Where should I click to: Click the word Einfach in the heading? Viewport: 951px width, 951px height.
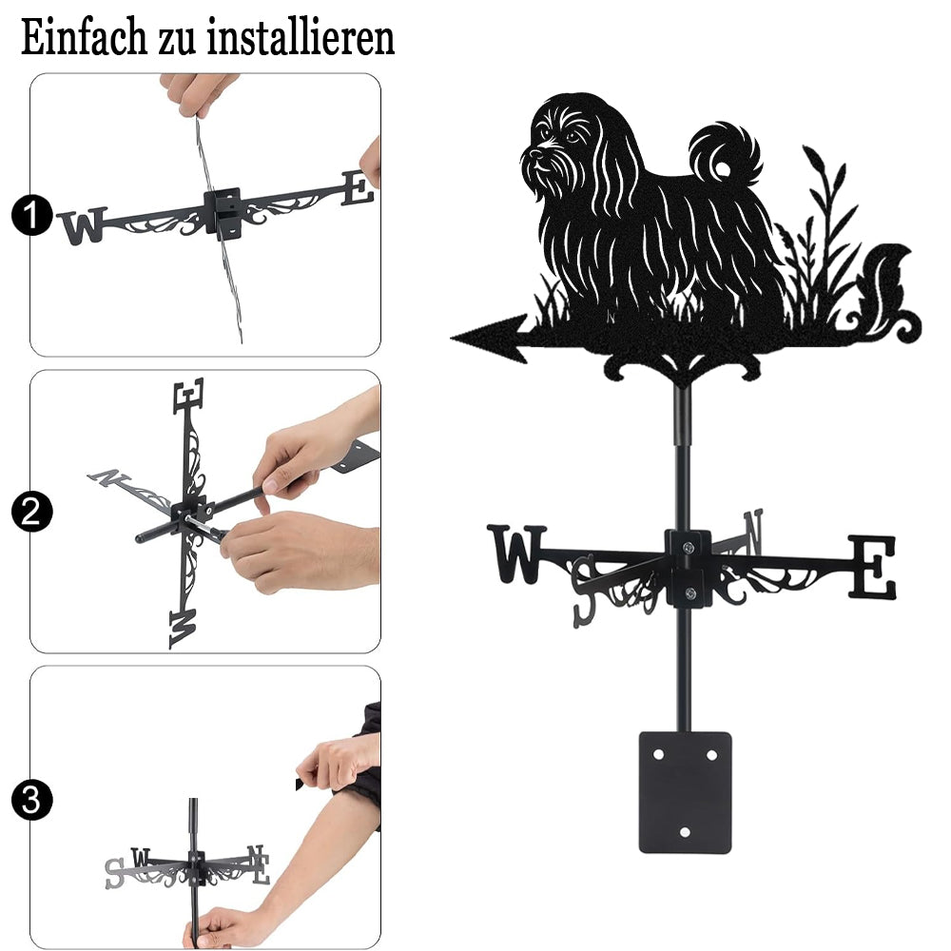pos(85,38)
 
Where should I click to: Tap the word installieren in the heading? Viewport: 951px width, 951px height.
pos(301,38)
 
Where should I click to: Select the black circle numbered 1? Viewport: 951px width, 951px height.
pos(31,215)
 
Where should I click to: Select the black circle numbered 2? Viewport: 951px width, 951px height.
pos(31,512)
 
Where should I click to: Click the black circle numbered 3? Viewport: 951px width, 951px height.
pos(31,800)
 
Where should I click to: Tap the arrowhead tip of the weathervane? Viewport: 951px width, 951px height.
pos(452,338)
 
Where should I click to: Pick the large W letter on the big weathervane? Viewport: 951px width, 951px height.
pos(516,554)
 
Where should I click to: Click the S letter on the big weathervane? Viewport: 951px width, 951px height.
pos(585,592)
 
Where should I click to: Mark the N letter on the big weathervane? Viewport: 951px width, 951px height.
pos(753,532)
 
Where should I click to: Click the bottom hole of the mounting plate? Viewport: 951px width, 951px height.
pos(685,832)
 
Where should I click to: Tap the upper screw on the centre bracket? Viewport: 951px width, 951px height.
pos(689,549)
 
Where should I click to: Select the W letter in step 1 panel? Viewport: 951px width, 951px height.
pos(84,225)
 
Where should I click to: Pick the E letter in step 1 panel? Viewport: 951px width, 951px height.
pos(358,188)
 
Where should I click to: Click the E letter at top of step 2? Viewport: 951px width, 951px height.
pos(188,397)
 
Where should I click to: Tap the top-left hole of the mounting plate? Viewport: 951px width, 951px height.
pos(658,755)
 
